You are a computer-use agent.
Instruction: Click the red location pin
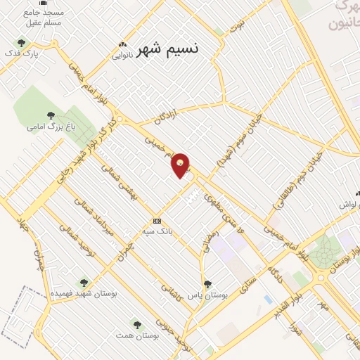pos(181,165)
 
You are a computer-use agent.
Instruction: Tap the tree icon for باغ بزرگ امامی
pos(50,115)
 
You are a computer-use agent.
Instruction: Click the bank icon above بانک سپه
pos(157,220)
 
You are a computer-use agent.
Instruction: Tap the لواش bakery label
pos(349,204)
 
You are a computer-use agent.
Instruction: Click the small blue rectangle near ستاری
pos(268,299)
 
